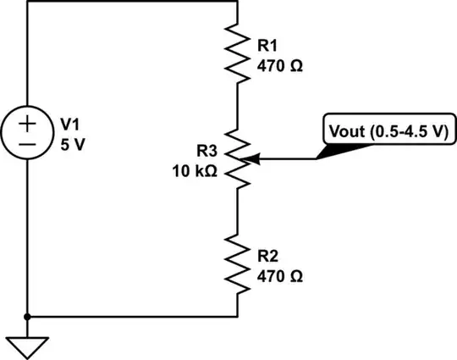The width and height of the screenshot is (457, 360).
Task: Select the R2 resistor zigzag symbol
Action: (x=238, y=263)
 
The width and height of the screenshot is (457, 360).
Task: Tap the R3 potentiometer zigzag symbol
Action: (x=238, y=158)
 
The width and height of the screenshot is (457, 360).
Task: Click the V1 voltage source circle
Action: (x=28, y=133)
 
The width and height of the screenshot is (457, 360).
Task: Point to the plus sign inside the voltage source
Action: (x=28, y=123)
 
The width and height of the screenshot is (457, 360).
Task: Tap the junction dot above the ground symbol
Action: (x=28, y=317)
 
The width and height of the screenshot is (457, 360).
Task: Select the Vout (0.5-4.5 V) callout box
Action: (x=388, y=131)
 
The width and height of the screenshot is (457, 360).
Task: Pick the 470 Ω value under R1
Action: (x=278, y=63)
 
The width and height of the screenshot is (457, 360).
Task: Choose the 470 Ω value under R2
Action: (x=278, y=275)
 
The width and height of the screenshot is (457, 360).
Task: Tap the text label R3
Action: (x=207, y=151)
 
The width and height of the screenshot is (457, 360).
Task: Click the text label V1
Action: (x=69, y=125)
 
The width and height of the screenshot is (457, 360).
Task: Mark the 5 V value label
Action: (x=72, y=143)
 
